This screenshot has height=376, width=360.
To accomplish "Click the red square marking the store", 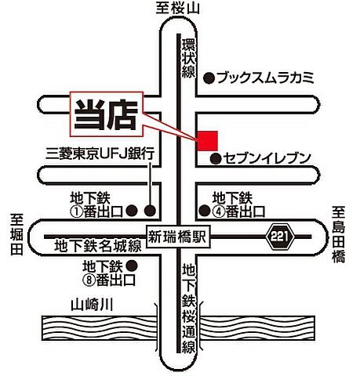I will (x=206, y=140).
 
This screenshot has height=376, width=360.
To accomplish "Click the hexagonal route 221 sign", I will (x=278, y=235).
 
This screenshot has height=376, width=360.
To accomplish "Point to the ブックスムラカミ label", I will (x=264, y=78).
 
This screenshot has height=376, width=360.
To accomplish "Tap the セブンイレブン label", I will (x=267, y=158).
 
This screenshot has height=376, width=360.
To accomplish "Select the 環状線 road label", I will (x=187, y=56).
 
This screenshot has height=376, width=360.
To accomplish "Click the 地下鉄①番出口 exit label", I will (x=98, y=204).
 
